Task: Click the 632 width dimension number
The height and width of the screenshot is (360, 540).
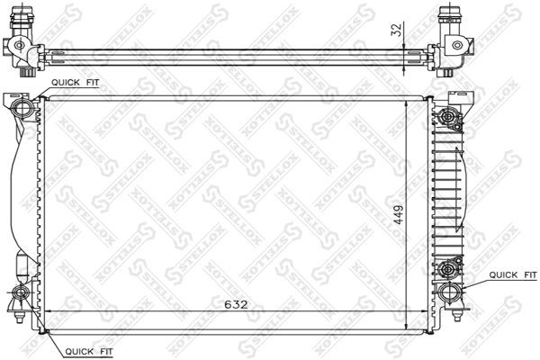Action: coord(236,305)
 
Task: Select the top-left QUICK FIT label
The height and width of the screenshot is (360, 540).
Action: coord(76,82)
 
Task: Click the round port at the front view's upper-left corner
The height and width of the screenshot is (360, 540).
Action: coord(24,109)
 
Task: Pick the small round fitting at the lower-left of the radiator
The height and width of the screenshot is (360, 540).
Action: coord(21,293)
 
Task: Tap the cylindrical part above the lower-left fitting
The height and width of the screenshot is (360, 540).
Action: coord(23,267)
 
